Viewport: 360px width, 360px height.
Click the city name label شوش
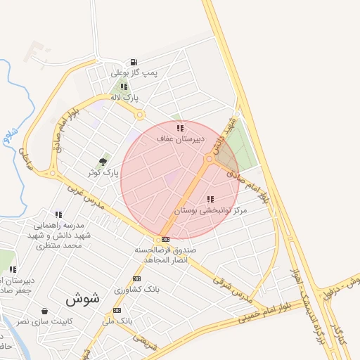[x=83, y=299]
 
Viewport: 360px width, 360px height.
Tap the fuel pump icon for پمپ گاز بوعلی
[x=134, y=62]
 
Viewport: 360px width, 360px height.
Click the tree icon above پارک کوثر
[x=103, y=162]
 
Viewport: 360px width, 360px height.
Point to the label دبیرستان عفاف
[x=181, y=139]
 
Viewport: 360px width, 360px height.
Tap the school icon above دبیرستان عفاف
[x=180, y=128]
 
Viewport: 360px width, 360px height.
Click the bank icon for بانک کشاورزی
[x=136, y=279]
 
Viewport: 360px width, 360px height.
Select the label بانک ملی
[x=117, y=321]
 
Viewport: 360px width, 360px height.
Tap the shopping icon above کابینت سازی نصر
[x=45, y=311]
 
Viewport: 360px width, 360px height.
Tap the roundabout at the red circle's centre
[x=209, y=160]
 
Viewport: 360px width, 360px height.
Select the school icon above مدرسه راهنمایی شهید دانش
[x=58, y=214]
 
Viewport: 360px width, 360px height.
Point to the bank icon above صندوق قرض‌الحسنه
[x=165, y=240]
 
